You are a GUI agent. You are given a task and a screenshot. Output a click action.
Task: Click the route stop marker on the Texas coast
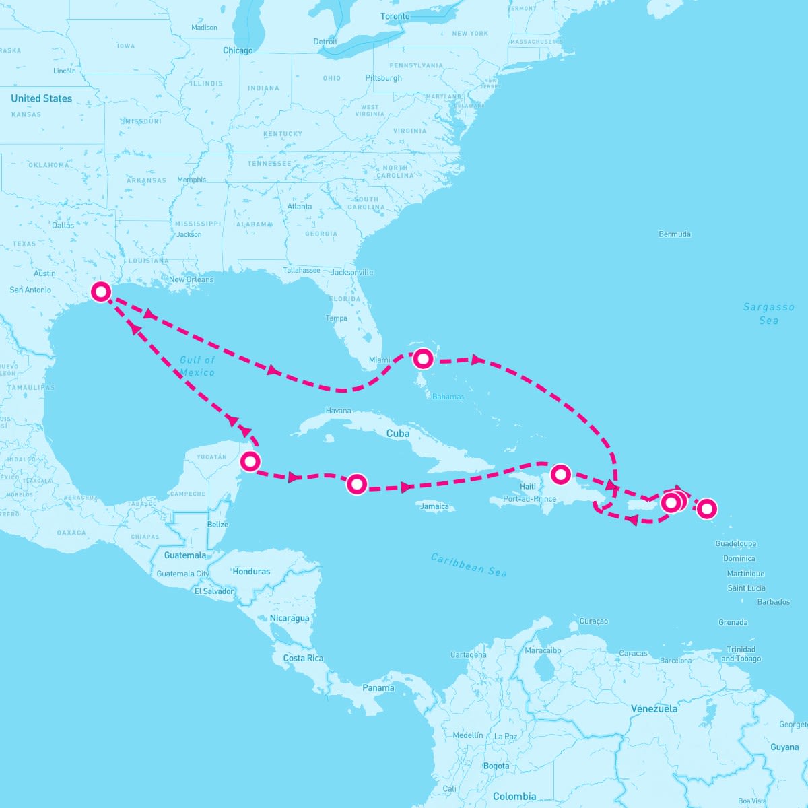pyautogui.click(x=101, y=292)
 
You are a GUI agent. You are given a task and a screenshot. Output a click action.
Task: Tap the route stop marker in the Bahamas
pyautogui.click(x=422, y=358)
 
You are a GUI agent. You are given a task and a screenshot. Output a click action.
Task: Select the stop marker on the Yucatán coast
pyautogui.click(x=250, y=461)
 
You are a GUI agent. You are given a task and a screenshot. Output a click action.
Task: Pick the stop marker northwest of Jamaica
pyautogui.click(x=357, y=483)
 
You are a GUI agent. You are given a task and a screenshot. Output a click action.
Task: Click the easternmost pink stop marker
pyautogui.click(x=706, y=508)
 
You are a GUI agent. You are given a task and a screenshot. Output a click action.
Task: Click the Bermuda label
pyautogui.click(x=674, y=234)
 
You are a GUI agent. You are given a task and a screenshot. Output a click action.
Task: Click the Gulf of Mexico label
pyautogui.click(x=197, y=366)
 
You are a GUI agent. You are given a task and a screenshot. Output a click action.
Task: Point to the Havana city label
pyautogui.click(x=338, y=411)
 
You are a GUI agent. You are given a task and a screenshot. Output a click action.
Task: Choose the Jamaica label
pyautogui.click(x=434, y=506)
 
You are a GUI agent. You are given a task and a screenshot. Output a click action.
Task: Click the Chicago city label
pyautogui.click(x=238, y=50)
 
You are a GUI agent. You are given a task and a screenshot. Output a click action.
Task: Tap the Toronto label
pyautogui.click(x=395, y=16)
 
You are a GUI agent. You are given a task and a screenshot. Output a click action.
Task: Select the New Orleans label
pyautogui.click(x=191, y=279)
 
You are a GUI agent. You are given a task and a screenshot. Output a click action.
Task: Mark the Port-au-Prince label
pyautogui.click(x=530, y=499)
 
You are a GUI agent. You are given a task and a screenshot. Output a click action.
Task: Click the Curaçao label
pyautogui.click(x=593, y=621)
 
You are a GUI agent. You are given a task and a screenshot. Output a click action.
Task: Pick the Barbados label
pyautogui.click(x=773, y=602)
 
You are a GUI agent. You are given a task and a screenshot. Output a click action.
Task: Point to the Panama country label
pyautogui.click(x=378, y=688)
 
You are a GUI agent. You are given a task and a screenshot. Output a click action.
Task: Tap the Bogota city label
pyautogui.click(x=496, y=766)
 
